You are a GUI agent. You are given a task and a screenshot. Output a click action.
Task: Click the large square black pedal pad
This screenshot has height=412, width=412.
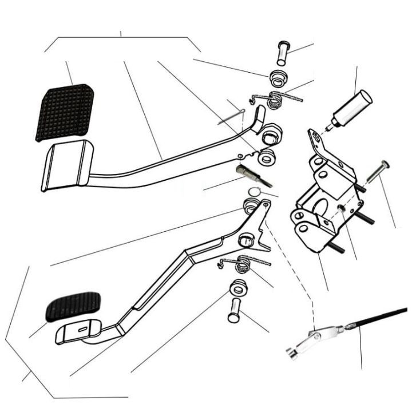65,112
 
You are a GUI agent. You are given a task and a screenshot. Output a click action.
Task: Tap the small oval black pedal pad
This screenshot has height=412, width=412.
73,307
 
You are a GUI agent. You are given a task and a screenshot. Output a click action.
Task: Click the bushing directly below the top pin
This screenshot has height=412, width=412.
278,76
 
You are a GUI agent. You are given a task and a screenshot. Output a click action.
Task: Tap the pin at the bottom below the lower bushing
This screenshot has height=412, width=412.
234,311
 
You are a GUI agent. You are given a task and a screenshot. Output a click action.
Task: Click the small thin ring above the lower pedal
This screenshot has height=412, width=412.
255,191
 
